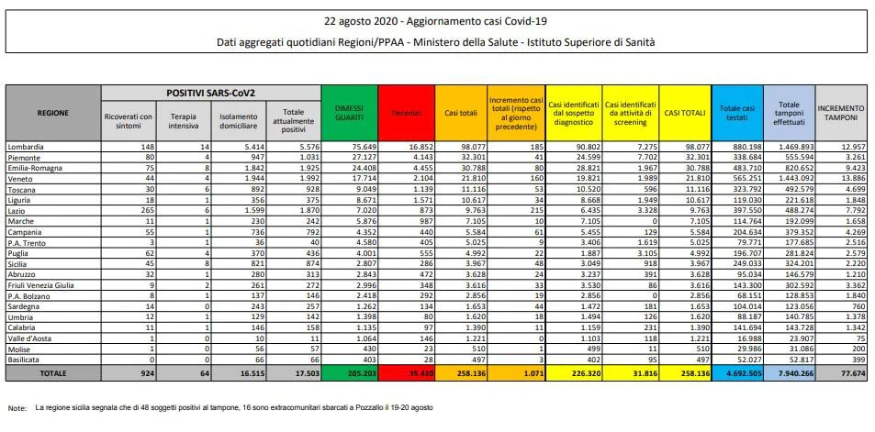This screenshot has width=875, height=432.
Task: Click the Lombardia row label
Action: click(x=26, y=147)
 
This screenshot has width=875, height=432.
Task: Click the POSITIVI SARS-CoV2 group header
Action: click(x=210, y=93)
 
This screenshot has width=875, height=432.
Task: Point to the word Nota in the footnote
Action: click(x=17, y=406)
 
